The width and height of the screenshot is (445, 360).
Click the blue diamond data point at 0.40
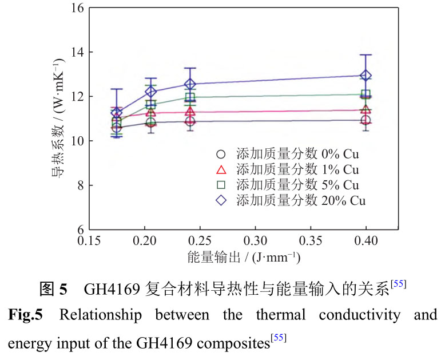point(366,76)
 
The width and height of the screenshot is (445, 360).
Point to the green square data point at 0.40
point(366,94)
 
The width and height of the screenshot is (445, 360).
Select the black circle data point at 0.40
point(366,120)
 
